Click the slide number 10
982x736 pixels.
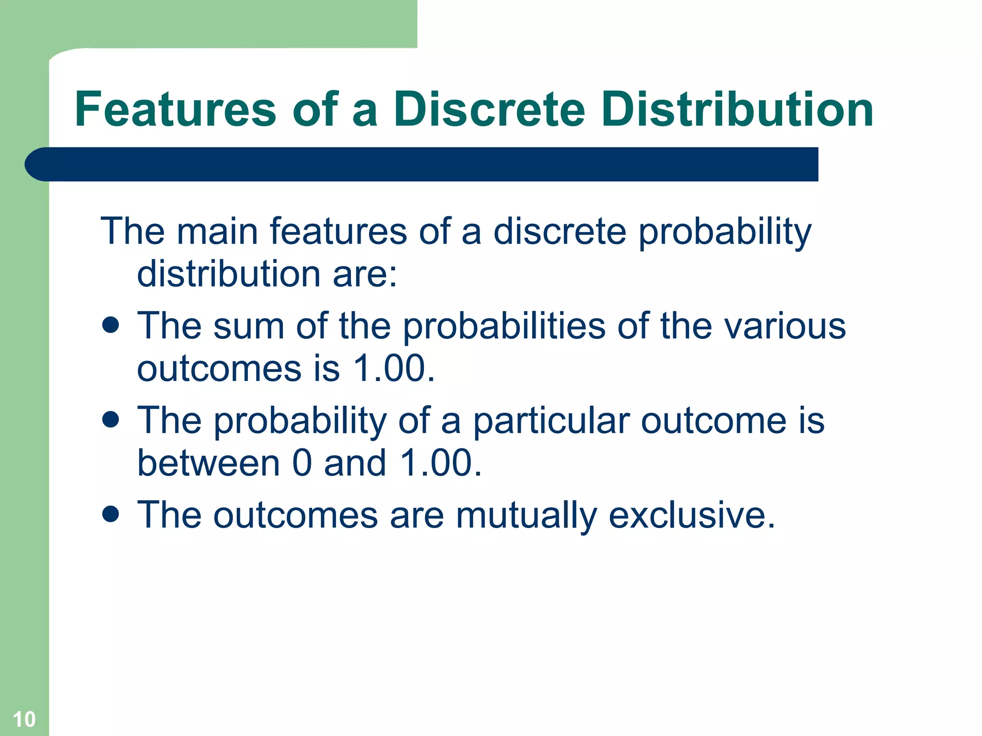[x=24, y=719]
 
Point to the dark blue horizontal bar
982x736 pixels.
[x=422, y=164]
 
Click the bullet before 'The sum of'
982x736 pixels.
[x=110, y=325]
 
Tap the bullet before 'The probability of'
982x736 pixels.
[x=110, y=420]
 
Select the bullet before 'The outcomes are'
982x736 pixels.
[x=110, y=514]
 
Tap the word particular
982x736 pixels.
[x=551, y=422]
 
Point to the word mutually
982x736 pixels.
[x=526, y=516]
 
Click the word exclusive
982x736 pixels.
[x=691, y=516]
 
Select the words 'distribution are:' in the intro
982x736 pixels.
[x=267, y=274]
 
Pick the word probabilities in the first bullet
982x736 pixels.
[x=504, y=327]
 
